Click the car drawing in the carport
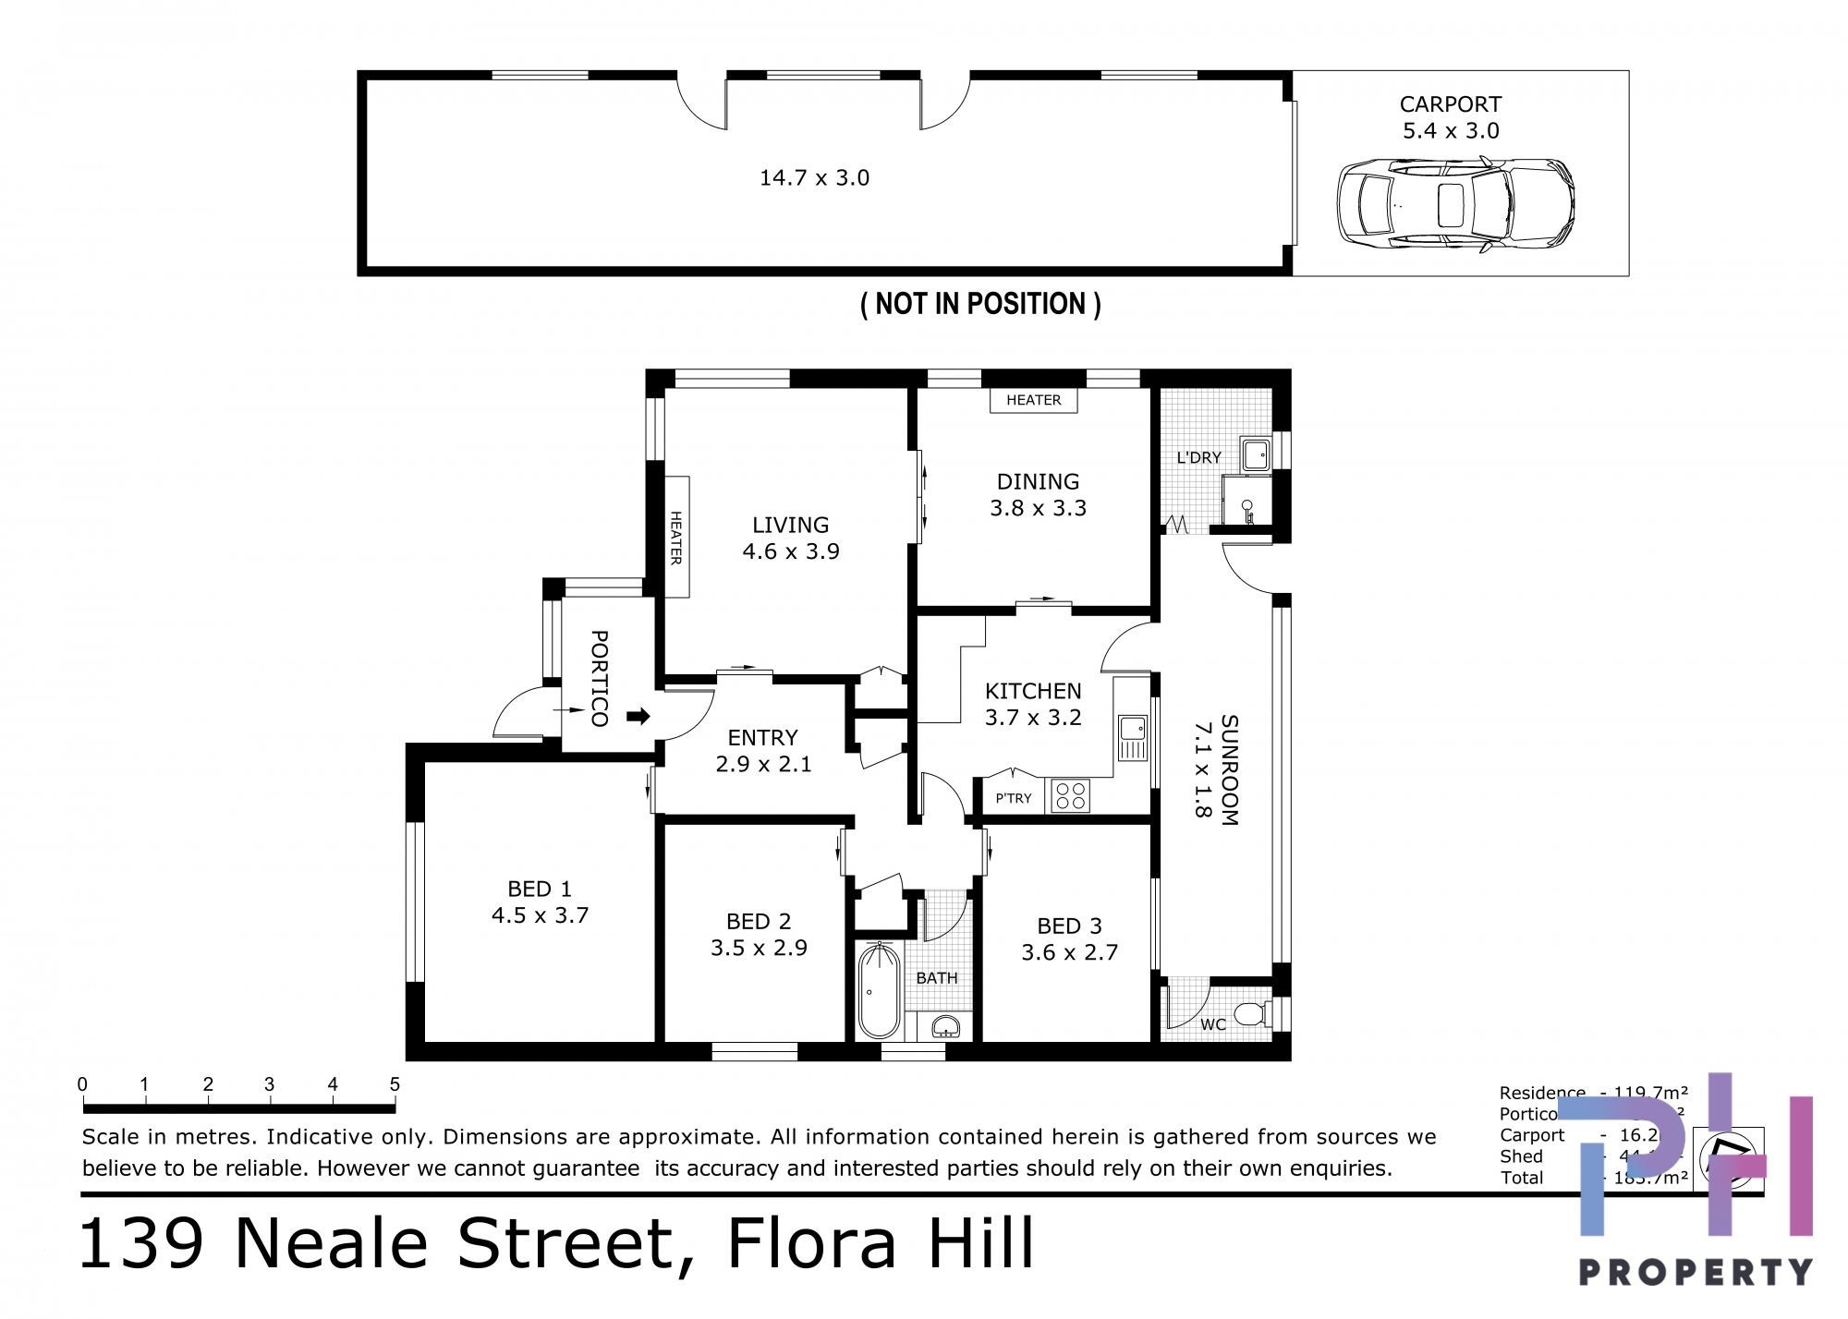[1455, 204]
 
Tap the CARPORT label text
[1450, 104]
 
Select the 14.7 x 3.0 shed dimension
[814, 177]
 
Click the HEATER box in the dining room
[1033, 400]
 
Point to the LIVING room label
[790, 525]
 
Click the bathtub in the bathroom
[879, 991]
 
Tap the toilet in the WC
[1252, 1014]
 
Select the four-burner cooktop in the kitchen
[1070, 795]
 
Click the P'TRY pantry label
[1013, 798]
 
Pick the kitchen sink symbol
[1133, 736]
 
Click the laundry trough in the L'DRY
[1256, 454]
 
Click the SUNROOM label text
[1229, 769]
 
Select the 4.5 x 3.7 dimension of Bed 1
[540, 915]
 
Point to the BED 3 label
[1069, 926]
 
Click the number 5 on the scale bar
[395, 1084]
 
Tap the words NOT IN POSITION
[980, 304]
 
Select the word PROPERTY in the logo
[1695, 1272]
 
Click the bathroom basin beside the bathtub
[945, 1026]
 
